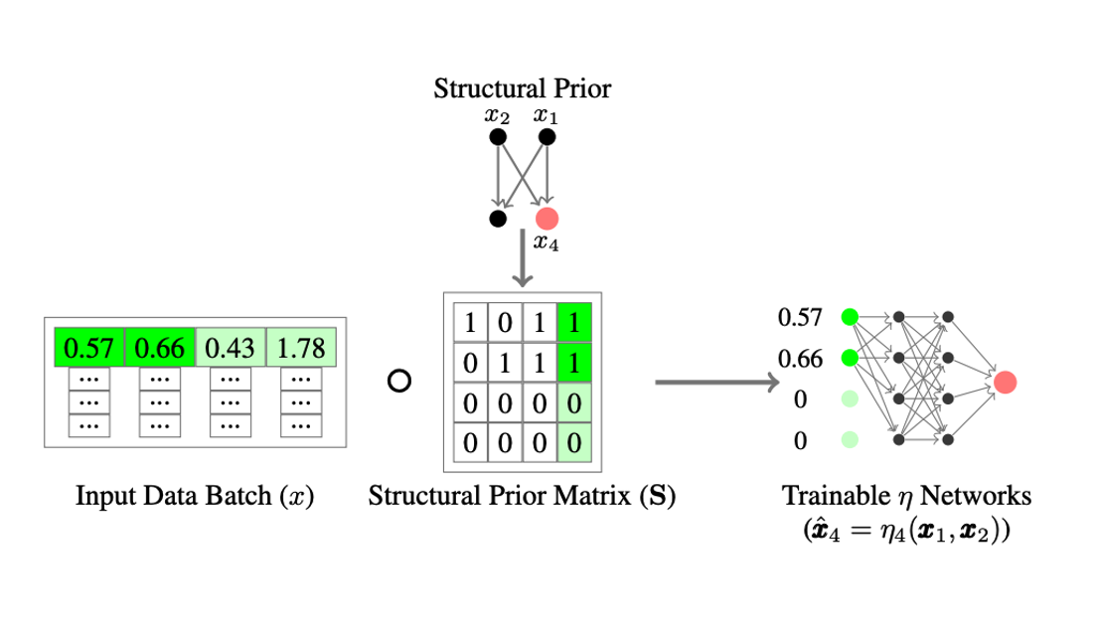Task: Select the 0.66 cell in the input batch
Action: point(160,350)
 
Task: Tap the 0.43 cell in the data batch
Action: point(232,350)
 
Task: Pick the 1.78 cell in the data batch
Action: point(302,350)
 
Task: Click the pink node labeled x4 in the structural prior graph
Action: point(547,219)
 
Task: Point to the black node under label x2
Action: point(498,138)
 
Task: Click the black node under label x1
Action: point(546,138)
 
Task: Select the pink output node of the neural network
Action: point(1005,381)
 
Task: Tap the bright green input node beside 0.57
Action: point(849,317)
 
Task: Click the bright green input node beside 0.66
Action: point(849,358)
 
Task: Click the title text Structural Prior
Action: point(522,88)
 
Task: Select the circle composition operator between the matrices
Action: point(398,382)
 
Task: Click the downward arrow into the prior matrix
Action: point(522,259)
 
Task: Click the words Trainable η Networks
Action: point(907,495)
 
